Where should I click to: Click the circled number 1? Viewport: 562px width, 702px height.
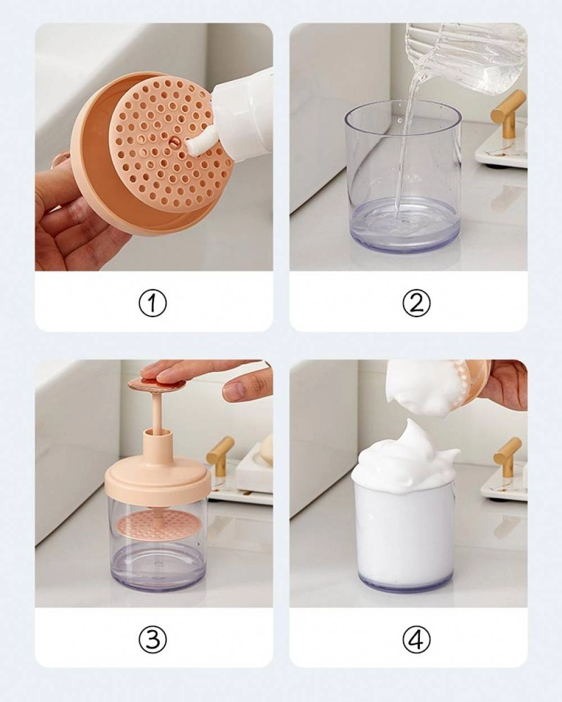click(x=152, y=304)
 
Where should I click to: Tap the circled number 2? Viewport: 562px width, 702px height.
click(x=416, y=304)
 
